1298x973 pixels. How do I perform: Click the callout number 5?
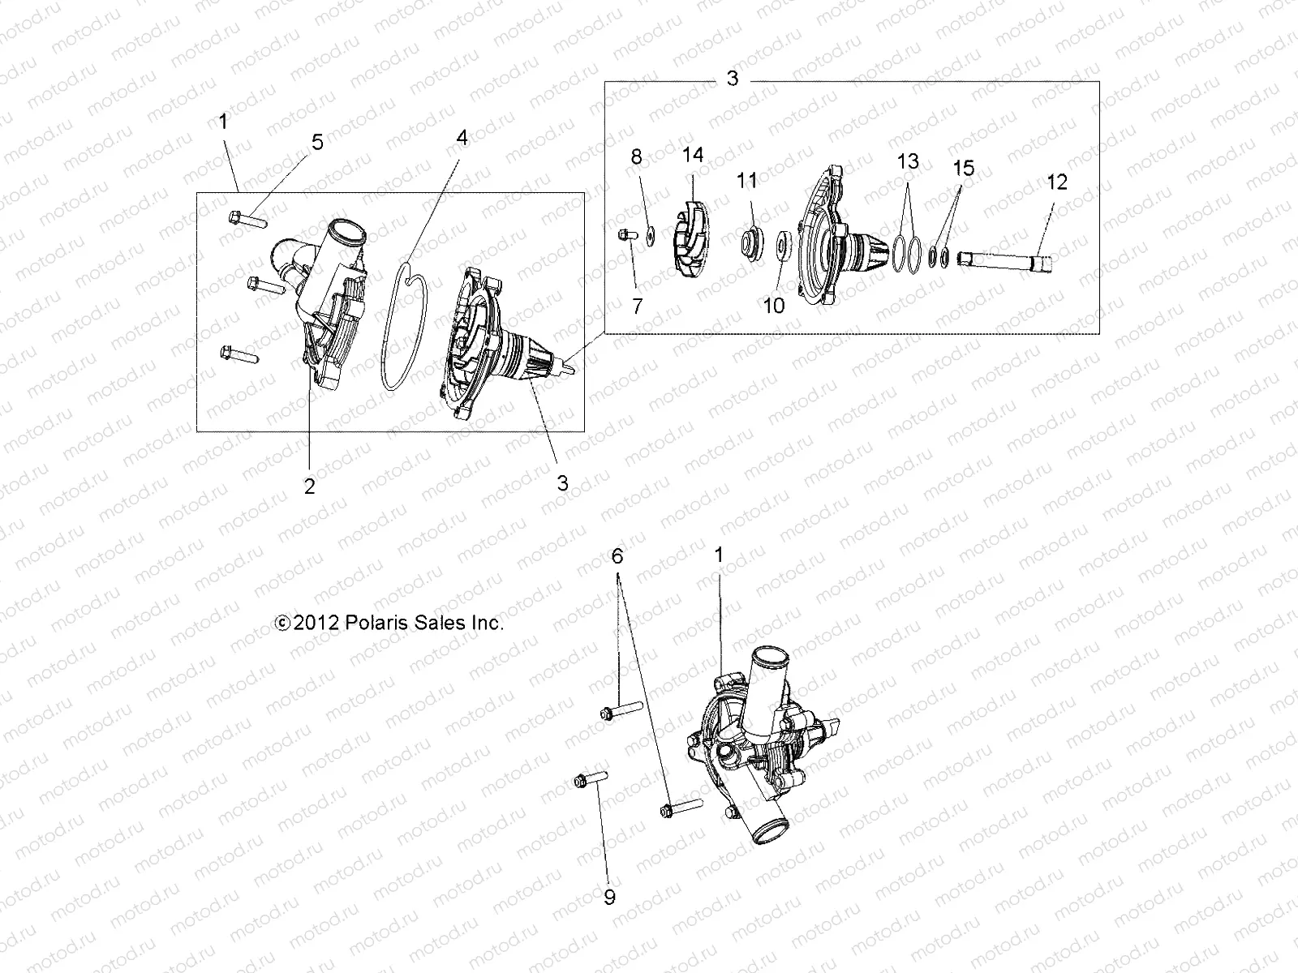317,143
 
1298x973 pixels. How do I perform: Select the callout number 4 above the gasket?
462,138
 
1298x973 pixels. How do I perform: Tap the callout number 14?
693,155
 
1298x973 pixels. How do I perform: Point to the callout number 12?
1058,182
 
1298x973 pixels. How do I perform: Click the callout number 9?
609,897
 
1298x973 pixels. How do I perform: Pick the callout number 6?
617,556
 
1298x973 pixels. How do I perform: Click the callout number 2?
309,486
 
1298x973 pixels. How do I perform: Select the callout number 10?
775,306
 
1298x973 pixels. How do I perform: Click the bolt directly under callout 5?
243,216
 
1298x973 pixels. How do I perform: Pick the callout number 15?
963,169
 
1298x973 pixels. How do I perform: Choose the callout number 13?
908,161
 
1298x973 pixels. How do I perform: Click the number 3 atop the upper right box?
732,79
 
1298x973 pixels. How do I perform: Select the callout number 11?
746,179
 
